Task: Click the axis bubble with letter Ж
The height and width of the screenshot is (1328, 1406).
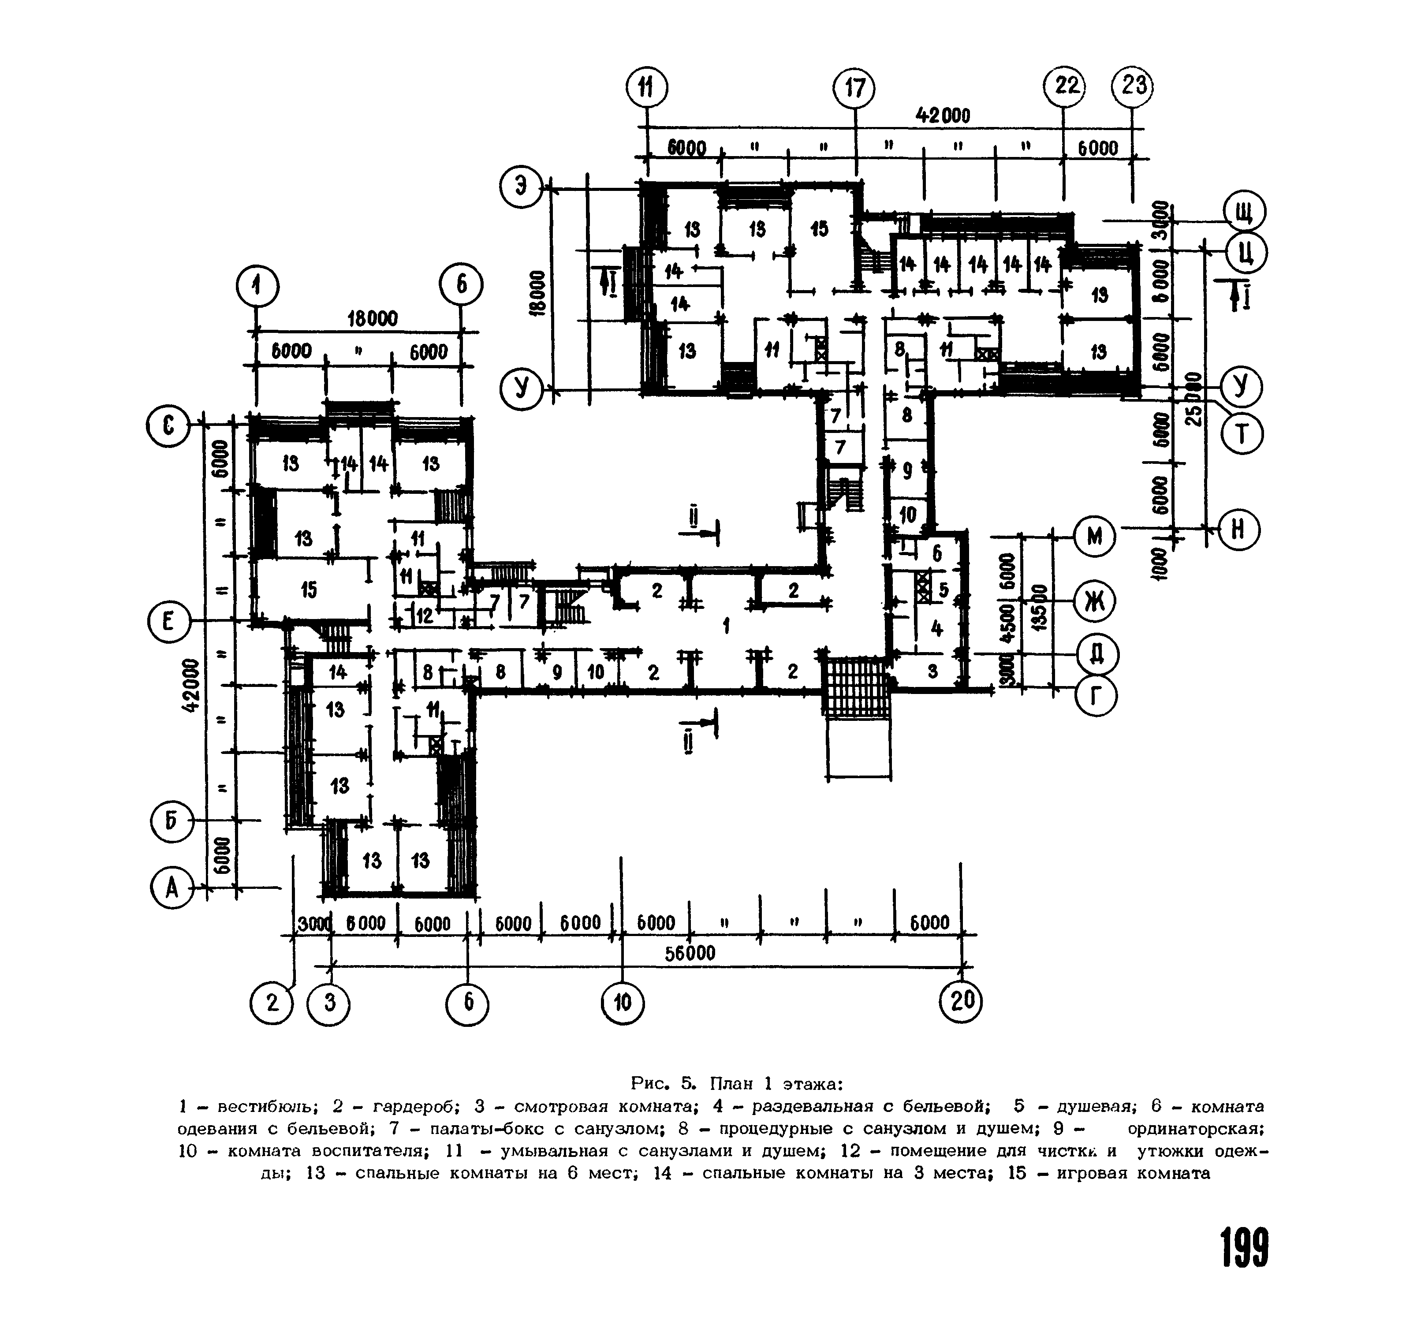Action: tap(1094, 602)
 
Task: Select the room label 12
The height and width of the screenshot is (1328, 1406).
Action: tap(424, 616)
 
